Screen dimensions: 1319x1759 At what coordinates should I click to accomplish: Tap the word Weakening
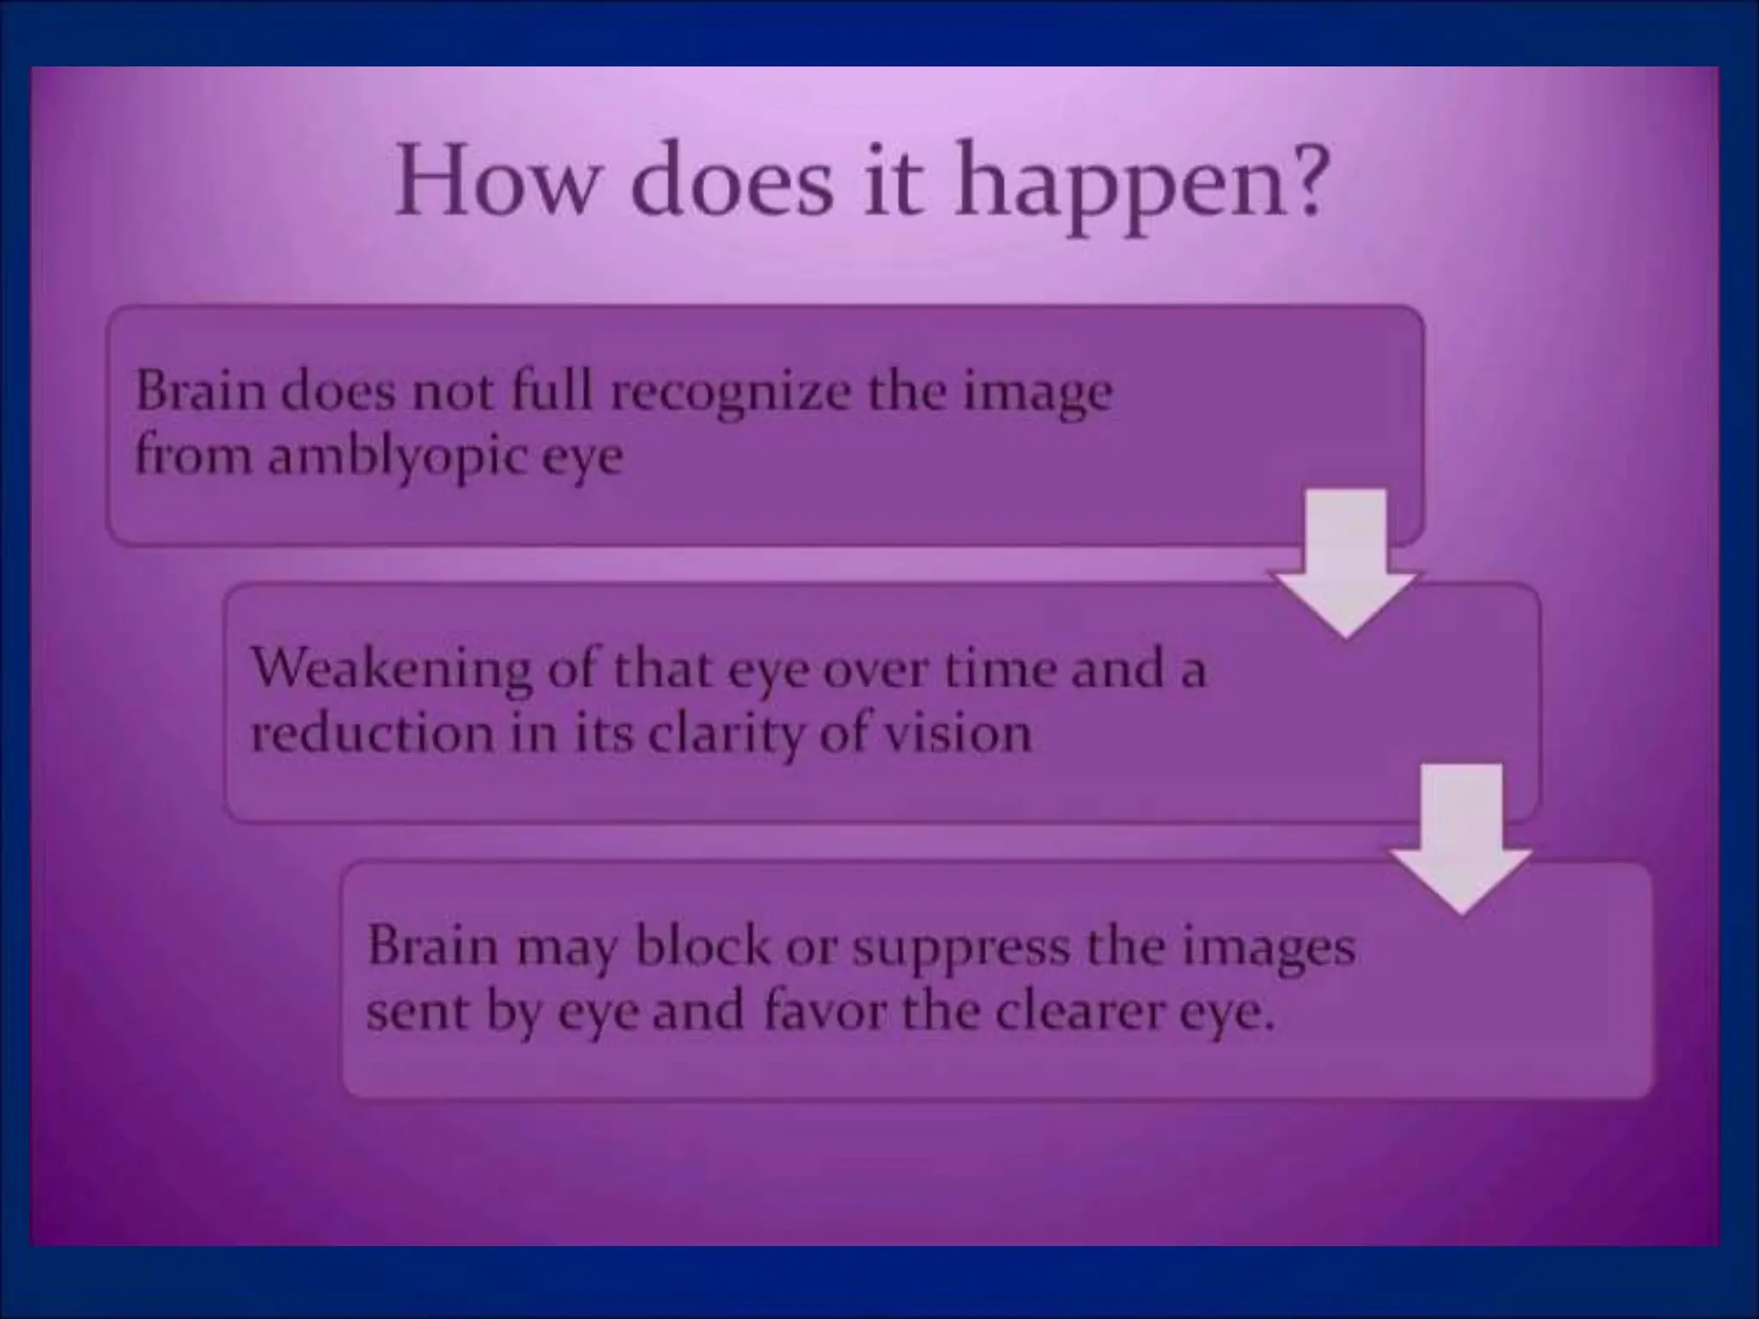tap(391, 670)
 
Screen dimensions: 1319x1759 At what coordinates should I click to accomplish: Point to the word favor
tap(825, 1012)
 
